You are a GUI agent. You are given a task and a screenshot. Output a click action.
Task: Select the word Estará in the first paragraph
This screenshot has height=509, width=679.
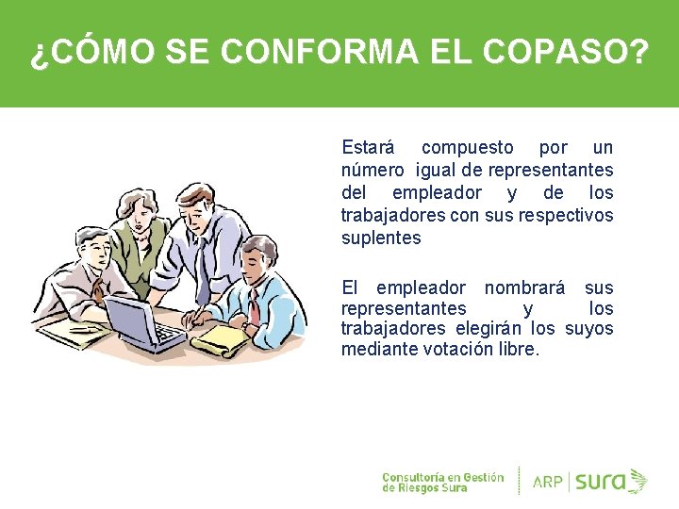[x=368, y=148]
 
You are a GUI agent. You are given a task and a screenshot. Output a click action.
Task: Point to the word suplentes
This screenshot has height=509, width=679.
[x=381, y=238]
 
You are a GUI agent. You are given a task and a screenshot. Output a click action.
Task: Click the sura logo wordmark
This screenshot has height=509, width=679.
[x=600, y=481]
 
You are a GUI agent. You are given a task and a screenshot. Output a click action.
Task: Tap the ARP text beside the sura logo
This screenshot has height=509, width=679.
[x=548, y=482]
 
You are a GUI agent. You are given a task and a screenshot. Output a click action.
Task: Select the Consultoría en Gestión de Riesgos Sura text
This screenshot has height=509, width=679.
[x=442, y=481]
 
